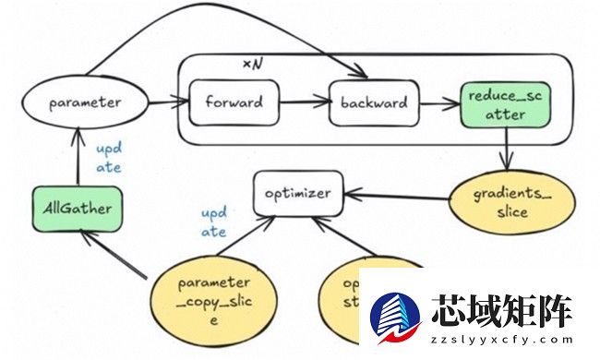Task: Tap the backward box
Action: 374,102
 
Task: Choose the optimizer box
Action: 291,195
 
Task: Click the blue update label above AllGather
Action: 108,157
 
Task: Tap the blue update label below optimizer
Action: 214,222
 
